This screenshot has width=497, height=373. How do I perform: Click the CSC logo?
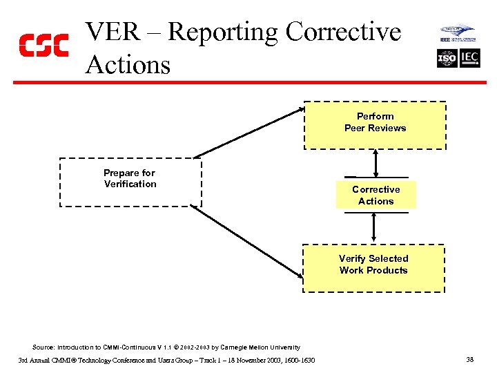pos(43,45)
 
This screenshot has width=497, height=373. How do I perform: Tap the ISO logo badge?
pos(447,58)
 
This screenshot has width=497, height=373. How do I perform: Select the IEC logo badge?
pos(469,58)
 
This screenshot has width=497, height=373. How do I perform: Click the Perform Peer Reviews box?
pos(376,125)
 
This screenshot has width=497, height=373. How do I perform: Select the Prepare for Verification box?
pos(130,182)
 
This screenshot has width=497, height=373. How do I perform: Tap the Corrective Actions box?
pos(376,195)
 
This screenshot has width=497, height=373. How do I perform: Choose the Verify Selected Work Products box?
pos(373,268)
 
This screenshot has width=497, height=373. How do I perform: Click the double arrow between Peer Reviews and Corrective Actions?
pos(375,163)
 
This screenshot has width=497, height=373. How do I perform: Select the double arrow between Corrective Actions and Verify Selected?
pos(373,227)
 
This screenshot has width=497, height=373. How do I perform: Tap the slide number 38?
pos(469,359)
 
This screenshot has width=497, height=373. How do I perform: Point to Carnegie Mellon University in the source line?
pos(265,347)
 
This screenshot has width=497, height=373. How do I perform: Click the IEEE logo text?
pos(447,40)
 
